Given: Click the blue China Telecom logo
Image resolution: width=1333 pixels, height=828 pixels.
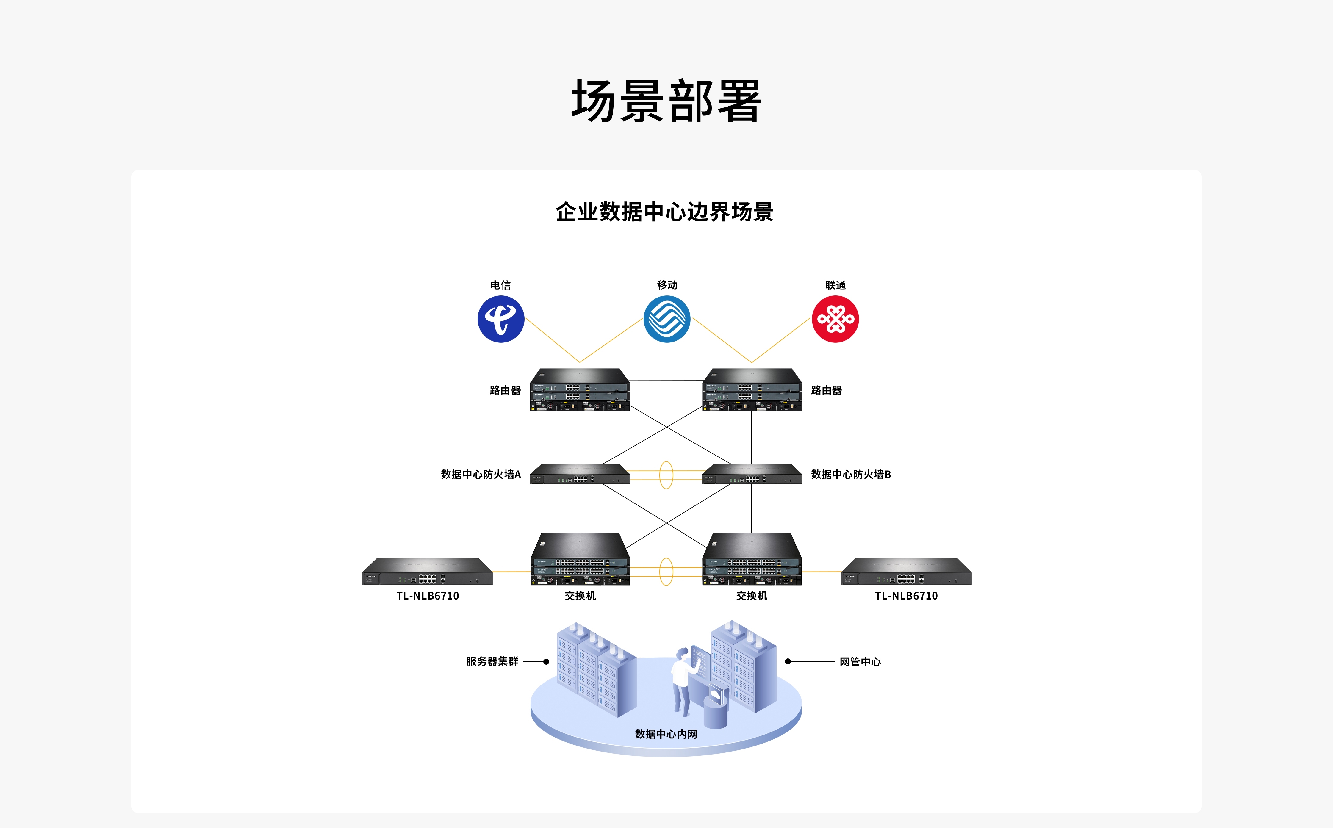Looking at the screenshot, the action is tap(500, 319).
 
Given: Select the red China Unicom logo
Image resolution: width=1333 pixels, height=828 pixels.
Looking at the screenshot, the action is tap(835, 319).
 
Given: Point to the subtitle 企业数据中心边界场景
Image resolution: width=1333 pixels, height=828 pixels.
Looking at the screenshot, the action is tap(664, 212).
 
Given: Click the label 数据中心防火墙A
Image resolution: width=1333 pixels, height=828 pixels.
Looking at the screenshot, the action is tap(481, 474).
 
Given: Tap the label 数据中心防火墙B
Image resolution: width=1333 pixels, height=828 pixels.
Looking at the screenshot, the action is tap(851, 474).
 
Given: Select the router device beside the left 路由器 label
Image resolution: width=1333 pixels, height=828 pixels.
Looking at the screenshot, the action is tap(580, 390).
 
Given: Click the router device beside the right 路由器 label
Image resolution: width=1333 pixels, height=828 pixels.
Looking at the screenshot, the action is tap(752, 390).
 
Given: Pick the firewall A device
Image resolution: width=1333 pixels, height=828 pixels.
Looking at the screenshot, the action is tap(580, 474).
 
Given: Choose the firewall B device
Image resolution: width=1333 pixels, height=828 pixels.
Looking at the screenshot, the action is tap(752, 474).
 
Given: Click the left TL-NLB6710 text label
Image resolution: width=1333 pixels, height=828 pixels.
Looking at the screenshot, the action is tap(428, 596).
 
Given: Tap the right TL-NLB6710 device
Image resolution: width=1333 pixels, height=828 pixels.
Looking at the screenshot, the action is tap(906, 572).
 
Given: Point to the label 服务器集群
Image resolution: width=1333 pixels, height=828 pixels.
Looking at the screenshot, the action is tap(492, 661).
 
